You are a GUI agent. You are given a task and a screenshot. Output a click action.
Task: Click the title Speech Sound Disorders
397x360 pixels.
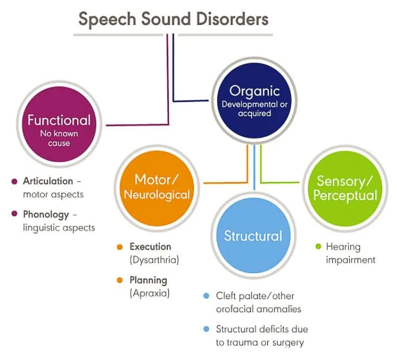pos(173,20)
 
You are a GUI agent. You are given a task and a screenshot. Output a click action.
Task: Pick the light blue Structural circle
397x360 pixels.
pos(253,236)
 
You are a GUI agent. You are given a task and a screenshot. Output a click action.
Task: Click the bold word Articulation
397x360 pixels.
pos(48,181)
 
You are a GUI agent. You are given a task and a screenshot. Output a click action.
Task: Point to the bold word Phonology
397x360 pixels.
pos(46,214)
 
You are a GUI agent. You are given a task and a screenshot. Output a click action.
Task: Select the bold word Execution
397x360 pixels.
pos(150,247)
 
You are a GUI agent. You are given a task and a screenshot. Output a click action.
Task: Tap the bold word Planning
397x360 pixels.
pos(148,280)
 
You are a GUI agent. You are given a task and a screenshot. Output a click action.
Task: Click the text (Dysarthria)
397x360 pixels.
pos(154,260)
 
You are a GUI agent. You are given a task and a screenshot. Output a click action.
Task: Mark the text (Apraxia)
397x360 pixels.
pos(149,294)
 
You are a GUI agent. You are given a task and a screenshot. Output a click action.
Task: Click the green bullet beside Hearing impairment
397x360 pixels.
pos(318,247)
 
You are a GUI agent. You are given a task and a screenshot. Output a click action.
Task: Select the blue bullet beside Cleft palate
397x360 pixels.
pos(206,296)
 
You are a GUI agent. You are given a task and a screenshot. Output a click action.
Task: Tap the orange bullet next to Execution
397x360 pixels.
pos(120,247)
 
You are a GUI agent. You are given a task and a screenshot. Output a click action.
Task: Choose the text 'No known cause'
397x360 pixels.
pos(59,138)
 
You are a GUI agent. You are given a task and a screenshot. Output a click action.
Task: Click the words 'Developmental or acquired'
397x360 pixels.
pos(254,109)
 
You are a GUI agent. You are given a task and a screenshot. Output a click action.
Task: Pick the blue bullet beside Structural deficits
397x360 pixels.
pos(206,329)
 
